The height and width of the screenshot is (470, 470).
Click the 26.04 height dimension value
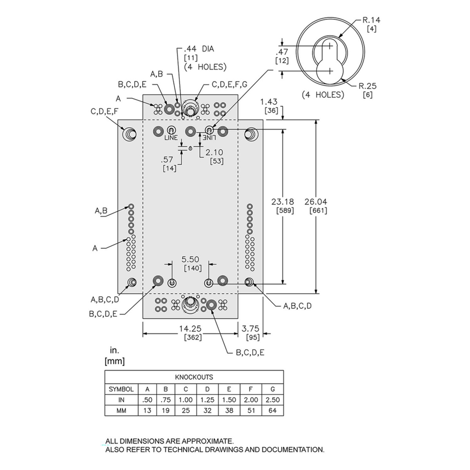click(x=316, y=202)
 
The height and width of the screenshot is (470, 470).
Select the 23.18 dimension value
click(x=282, y=202)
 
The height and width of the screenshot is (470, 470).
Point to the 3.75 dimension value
click(x=251, y=329)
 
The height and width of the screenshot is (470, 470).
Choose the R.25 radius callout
click(x=368, y=86)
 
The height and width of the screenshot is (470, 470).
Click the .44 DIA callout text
click(x=199, y=49)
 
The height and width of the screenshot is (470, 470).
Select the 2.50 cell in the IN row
click(x=273, y=400)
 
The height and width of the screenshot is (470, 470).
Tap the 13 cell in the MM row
click(x=147, y=411)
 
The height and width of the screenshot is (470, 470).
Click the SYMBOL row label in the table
click(x=121, y=389)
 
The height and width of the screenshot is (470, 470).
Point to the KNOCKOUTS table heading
click(x=194, y=377)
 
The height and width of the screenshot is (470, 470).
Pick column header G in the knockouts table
click(x=273, y=389)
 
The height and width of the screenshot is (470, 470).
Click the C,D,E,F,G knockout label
click(x=230, y=84)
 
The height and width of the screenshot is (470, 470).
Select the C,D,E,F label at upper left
click(x=104, y=112)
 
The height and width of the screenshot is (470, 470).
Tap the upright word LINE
click(x=171, y=138)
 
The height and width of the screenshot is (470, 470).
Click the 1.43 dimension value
click(x=269, y=102)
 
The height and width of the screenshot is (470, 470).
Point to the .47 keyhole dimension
click(x=282, y=52)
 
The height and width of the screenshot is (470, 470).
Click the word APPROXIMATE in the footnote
click(x=207, y=441)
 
